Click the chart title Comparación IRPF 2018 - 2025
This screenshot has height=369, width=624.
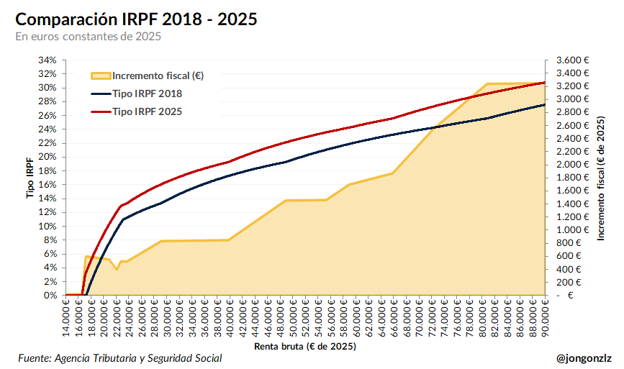[136, 19]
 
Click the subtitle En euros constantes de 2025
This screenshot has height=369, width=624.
[88, 36]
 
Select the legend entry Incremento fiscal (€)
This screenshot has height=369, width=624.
[158, 76]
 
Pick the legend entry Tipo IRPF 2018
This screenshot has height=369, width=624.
[147, 94]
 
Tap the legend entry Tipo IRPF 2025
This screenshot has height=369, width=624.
[147, 111]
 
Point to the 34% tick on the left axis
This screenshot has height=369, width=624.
[47, 60]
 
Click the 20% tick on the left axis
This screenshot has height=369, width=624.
[47, 157]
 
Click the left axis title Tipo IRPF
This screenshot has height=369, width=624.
[30, 178]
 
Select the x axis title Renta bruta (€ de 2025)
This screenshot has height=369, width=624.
[304, 346]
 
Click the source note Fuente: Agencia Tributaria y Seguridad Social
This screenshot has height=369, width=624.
[119, 358]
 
